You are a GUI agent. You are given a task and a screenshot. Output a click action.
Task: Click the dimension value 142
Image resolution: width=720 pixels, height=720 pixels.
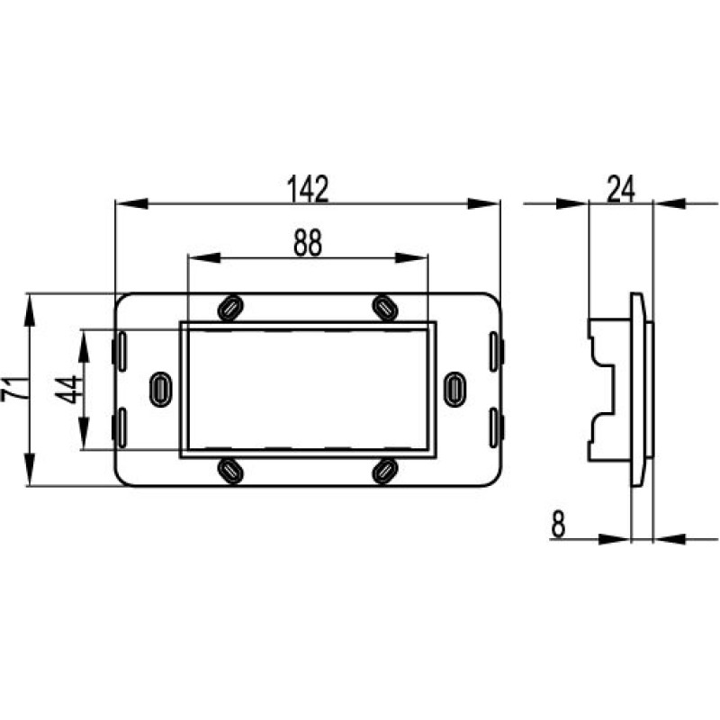308,189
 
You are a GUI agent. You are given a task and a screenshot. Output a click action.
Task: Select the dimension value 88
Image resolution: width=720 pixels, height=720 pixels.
308,243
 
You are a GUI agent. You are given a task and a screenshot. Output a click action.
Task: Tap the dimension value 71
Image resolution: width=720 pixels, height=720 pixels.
11,389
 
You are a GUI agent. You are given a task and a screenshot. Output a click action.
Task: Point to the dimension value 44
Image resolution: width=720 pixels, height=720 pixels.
67,390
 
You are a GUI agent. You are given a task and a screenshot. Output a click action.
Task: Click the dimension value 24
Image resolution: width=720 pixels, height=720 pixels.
621,189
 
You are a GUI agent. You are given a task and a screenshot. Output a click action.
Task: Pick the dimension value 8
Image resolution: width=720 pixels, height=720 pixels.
558,525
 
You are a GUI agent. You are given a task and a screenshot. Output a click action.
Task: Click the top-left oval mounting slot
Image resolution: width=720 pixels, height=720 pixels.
230,307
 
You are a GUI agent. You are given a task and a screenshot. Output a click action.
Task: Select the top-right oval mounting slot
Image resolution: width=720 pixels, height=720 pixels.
385,307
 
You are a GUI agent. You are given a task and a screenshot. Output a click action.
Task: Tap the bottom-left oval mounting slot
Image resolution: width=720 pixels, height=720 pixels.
230,470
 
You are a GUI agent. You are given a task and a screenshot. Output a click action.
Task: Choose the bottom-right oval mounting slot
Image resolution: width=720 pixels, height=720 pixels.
385,470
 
